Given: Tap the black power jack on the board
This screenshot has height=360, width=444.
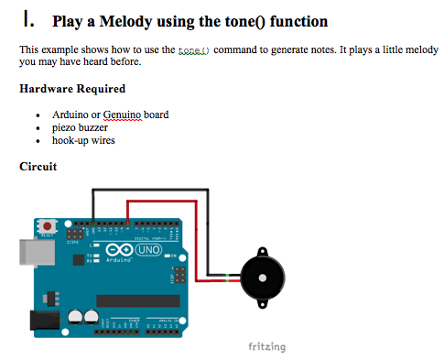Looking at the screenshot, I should click(x=40, y=320).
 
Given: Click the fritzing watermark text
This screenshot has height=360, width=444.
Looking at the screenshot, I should click(x=266, y=347).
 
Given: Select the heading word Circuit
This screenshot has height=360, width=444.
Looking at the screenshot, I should click(x=38, y=167).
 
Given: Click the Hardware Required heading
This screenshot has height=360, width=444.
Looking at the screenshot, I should click(x=72, y=90).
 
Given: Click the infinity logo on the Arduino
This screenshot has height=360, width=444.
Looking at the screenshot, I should click(x=120, y=250).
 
